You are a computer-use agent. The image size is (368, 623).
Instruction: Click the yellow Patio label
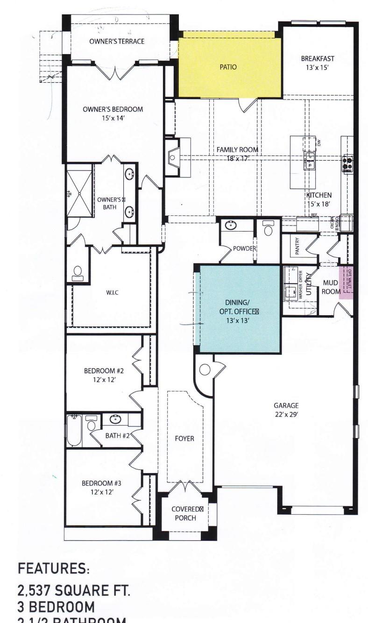[228, 67]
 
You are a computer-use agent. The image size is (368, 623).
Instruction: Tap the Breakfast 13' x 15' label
[317, 63]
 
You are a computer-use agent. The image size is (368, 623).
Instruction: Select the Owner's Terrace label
[117, 42]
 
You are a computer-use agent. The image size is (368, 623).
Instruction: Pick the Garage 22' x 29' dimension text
[286, 410]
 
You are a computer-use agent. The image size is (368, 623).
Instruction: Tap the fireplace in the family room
[173, 156]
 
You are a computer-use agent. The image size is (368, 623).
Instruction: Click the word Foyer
[184, 439]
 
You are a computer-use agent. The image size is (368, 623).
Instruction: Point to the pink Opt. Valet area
[347, 282]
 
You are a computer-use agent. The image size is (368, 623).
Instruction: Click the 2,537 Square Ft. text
[74, 591]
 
